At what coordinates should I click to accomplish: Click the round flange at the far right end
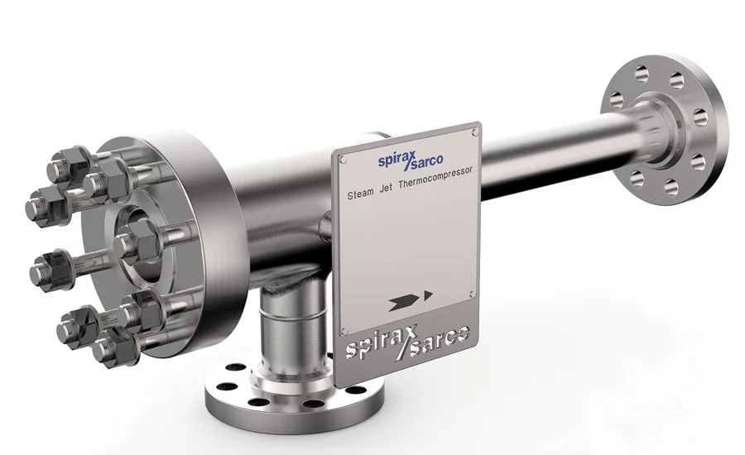[x=662, y=128]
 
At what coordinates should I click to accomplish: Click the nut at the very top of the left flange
[x=74, y=158]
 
